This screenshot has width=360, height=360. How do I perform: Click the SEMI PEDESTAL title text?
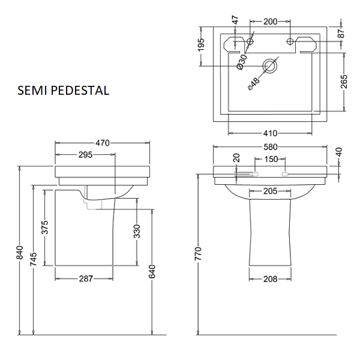click(x=63, y=91)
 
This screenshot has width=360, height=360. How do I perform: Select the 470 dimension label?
click(x=103, y=143)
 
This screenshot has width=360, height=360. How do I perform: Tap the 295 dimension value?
click(x=85, y=155)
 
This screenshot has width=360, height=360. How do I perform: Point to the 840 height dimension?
click(x=20, y=253)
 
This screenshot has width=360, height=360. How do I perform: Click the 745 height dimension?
click(x=34, y=259)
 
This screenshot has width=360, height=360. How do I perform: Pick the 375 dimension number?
click(x=45, y=227)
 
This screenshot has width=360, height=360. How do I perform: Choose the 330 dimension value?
click(x=137, y=232)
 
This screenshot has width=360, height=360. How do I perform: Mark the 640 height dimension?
click(x=152, y=271)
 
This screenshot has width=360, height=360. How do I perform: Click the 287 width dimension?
click(x=86, y=279)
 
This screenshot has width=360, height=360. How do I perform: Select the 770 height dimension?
click(x=198, y=254)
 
